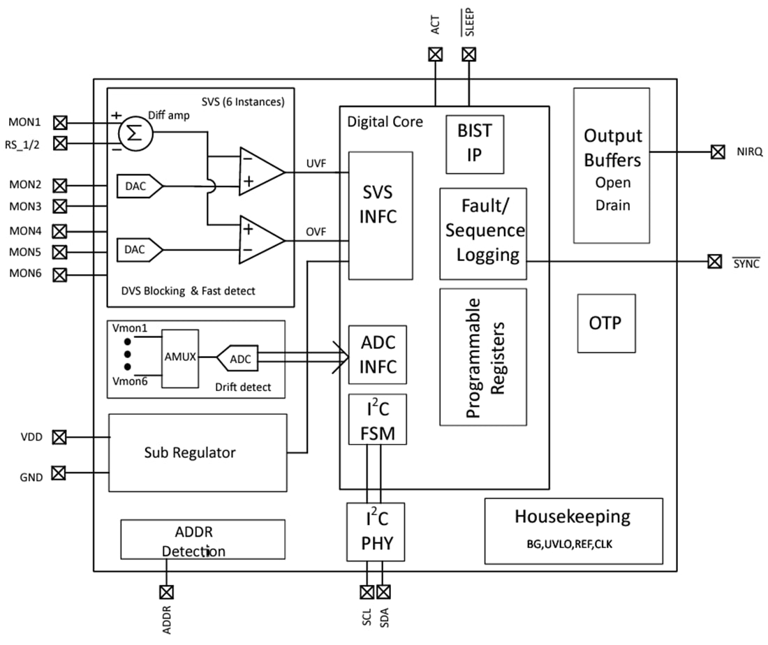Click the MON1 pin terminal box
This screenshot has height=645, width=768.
(x=60, y=123)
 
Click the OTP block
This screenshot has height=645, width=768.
(x=606, y=323)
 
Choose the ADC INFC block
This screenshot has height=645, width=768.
(x=378, y=355)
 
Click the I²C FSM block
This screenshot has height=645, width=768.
(x=378, y=420)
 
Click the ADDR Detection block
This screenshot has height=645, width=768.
(x=202, y=540)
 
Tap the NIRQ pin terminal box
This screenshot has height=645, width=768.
(x=717, y=151)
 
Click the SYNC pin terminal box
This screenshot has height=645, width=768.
(x=714, y=262)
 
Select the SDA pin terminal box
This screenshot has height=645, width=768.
(x=383, y=592)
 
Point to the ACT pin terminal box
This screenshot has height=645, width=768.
(x=436, y=54)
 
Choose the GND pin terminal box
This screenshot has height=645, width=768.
(x=59, y=473)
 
